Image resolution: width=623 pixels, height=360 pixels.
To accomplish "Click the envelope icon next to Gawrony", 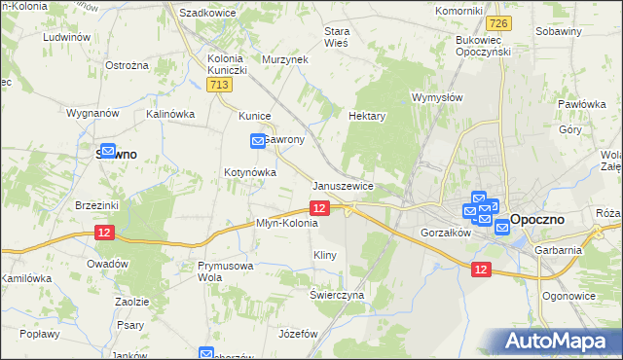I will pyautogui.click(x=258, y=141).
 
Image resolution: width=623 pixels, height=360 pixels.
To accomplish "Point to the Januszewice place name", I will pyautogui.click(x=344, y=186).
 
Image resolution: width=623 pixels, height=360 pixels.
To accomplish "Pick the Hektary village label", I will pyautogui.click(x=367, y=115).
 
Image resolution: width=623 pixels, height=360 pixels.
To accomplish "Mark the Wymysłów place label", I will pyautogui.click(x=436, y=98).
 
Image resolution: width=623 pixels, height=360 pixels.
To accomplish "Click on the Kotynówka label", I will pyautogui.click(x=251, y=172).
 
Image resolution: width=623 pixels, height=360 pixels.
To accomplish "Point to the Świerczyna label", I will pyautogui.click(x=337, y=294).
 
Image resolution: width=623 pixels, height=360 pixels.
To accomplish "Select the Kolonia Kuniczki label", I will pyautogui.click(x=230, y=64).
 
